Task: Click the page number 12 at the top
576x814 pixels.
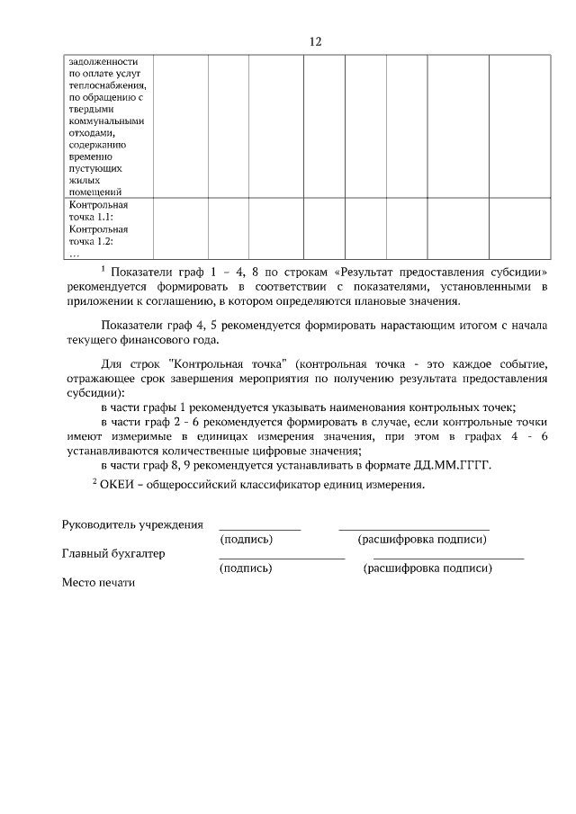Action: [315, 41]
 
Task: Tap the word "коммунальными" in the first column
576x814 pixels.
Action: [106, 120]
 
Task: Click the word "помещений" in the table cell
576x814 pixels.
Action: [94, 191]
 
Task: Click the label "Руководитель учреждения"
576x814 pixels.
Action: [132, 524]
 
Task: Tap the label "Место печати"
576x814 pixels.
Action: [98, 582]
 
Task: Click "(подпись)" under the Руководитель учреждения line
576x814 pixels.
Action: [247, 540]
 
